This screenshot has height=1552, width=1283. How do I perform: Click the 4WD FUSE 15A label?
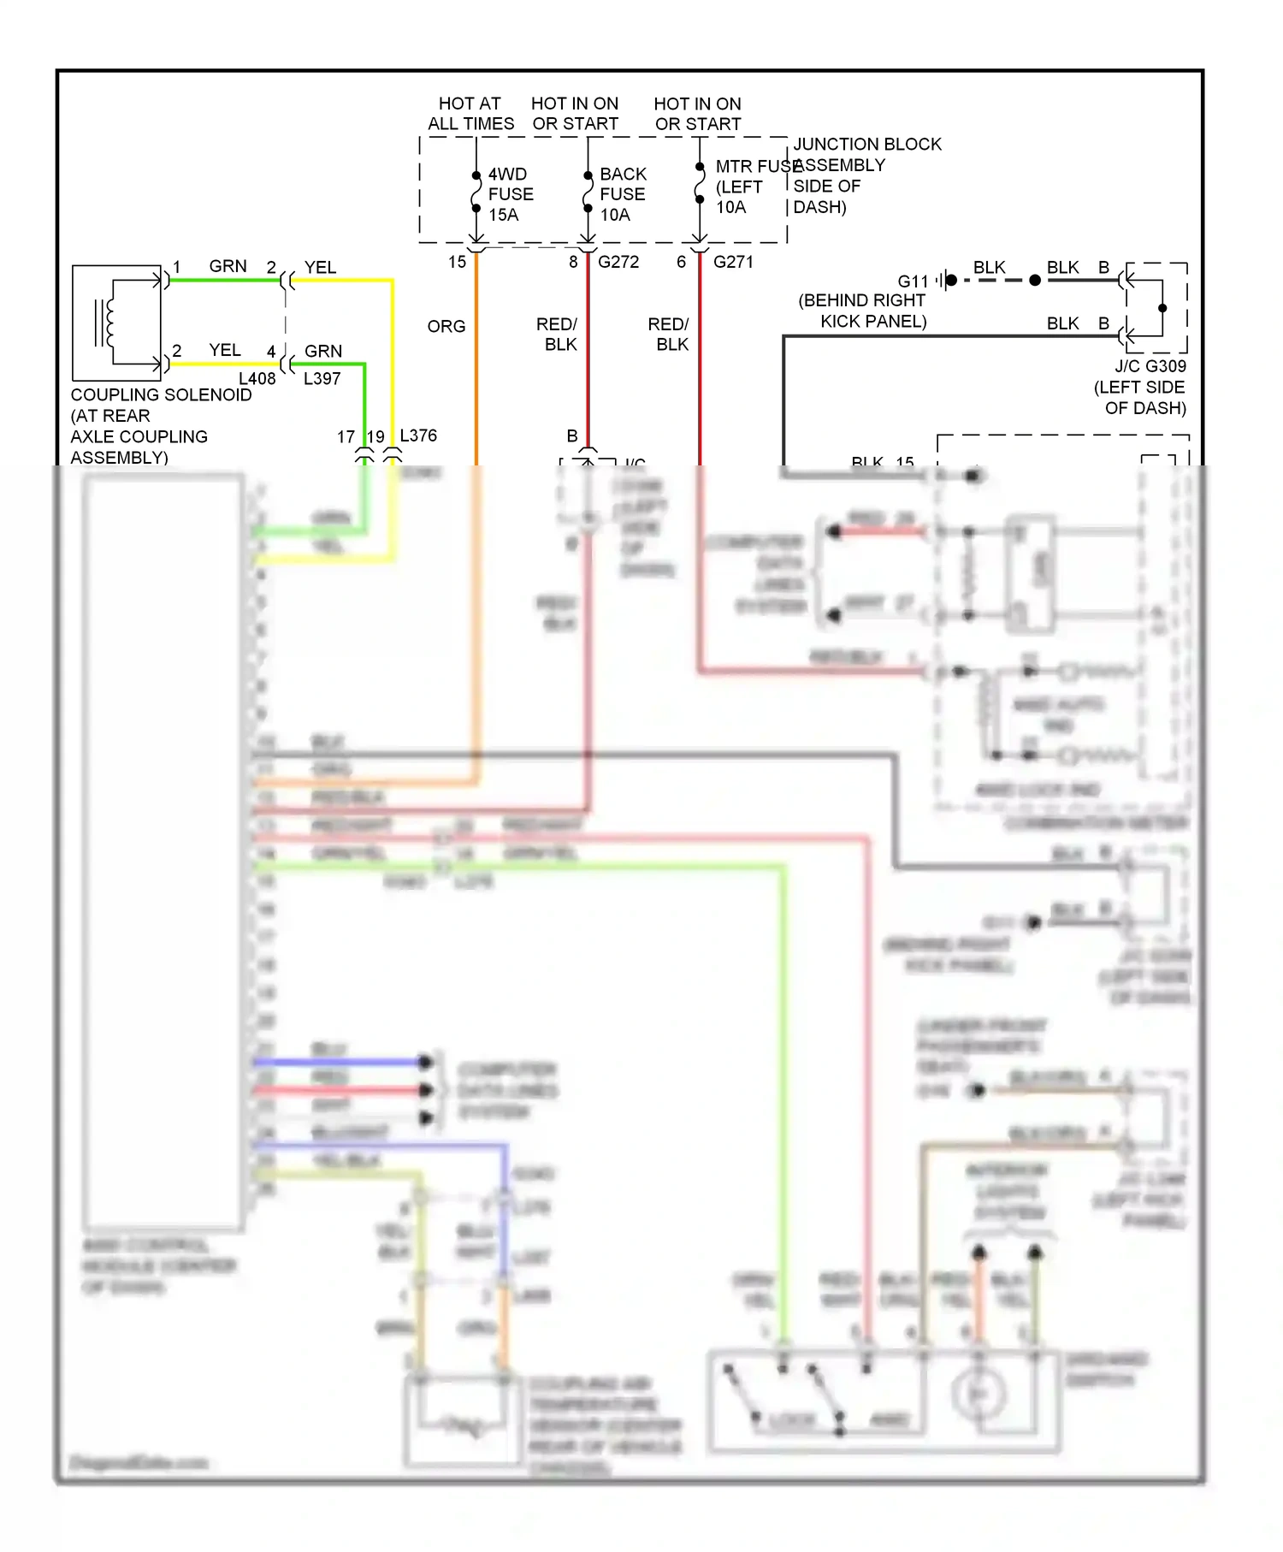pyautogui.click(x=510, y=194)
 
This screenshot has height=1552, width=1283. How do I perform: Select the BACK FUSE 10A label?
pyautogui.click(x=622, y=194)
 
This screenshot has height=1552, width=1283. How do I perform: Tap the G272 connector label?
pyautogui.click(x=618, y=262)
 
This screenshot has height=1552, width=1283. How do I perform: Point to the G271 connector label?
pyautogui.click(x=732, y=262)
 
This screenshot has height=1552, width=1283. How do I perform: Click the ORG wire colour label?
pyautogui.click(x=446, y=326)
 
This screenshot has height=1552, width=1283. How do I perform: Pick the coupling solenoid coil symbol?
pyautogui.click(x=106, y=323)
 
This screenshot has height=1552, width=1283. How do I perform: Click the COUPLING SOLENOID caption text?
pyautogui.click(x=161, y=395)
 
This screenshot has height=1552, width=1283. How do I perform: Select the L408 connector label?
pyautogui.click(x=257, y=378)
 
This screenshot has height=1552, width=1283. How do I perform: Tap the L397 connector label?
pyautogui.click(x=322, y=378)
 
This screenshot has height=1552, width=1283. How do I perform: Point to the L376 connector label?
pyautogui.click(x=418, y=435)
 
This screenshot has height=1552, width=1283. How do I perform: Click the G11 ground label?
pyautogui.click(x=913, y=281)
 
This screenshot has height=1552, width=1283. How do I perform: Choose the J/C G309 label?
pyautogui.click(x=1150, y=366)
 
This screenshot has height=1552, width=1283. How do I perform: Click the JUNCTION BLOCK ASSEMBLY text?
pyautogui.click(x=866, y=154)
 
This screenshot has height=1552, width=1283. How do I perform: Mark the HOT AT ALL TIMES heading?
pyautogui.click(x=470, y=114)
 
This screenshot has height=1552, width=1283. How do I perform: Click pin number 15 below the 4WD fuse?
pyautogui.click(x=457, y=262)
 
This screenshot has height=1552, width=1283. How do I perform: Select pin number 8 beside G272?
pyautogui.click(x=573, y=262)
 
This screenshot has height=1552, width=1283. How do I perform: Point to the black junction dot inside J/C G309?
pyautogui.click(x=1162, y=308)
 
